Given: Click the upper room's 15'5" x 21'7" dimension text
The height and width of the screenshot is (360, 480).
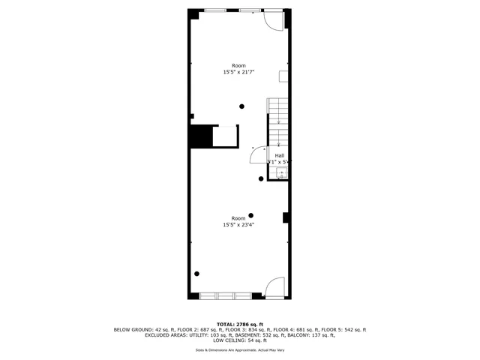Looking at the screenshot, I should (x=238, y=72).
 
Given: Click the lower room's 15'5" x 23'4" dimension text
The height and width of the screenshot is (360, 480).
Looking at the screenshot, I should (x=238, y=225).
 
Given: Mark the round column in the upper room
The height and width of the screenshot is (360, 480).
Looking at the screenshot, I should (x=241, y=106).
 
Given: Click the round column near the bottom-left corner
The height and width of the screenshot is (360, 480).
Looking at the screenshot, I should (x=196, y=274).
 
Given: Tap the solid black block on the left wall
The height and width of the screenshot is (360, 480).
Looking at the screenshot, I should (x=200, y=136).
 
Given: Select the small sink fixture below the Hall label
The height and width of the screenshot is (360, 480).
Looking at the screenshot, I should (x=280, y=174).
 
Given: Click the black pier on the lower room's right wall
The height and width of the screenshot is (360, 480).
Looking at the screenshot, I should (x=286, y=217).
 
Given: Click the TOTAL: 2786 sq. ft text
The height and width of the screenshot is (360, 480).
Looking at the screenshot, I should (x=239, y=323).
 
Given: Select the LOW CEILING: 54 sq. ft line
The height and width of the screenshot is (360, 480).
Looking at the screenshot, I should (x=239, y=340).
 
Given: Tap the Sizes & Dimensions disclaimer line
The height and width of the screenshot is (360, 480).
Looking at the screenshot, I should (x=239, y=350).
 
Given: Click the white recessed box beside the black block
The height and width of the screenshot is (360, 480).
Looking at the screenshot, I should (x=225, y=136).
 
